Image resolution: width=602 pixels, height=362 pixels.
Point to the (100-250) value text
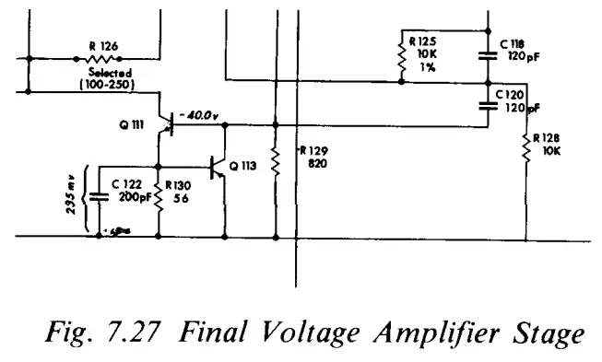point(110,86)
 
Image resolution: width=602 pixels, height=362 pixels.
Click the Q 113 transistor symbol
point(218,167)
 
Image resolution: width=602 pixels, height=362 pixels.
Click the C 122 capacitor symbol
point(99,197)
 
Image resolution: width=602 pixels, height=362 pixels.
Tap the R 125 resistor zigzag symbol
point(402,58)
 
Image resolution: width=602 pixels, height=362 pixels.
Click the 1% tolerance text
point(429,65)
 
